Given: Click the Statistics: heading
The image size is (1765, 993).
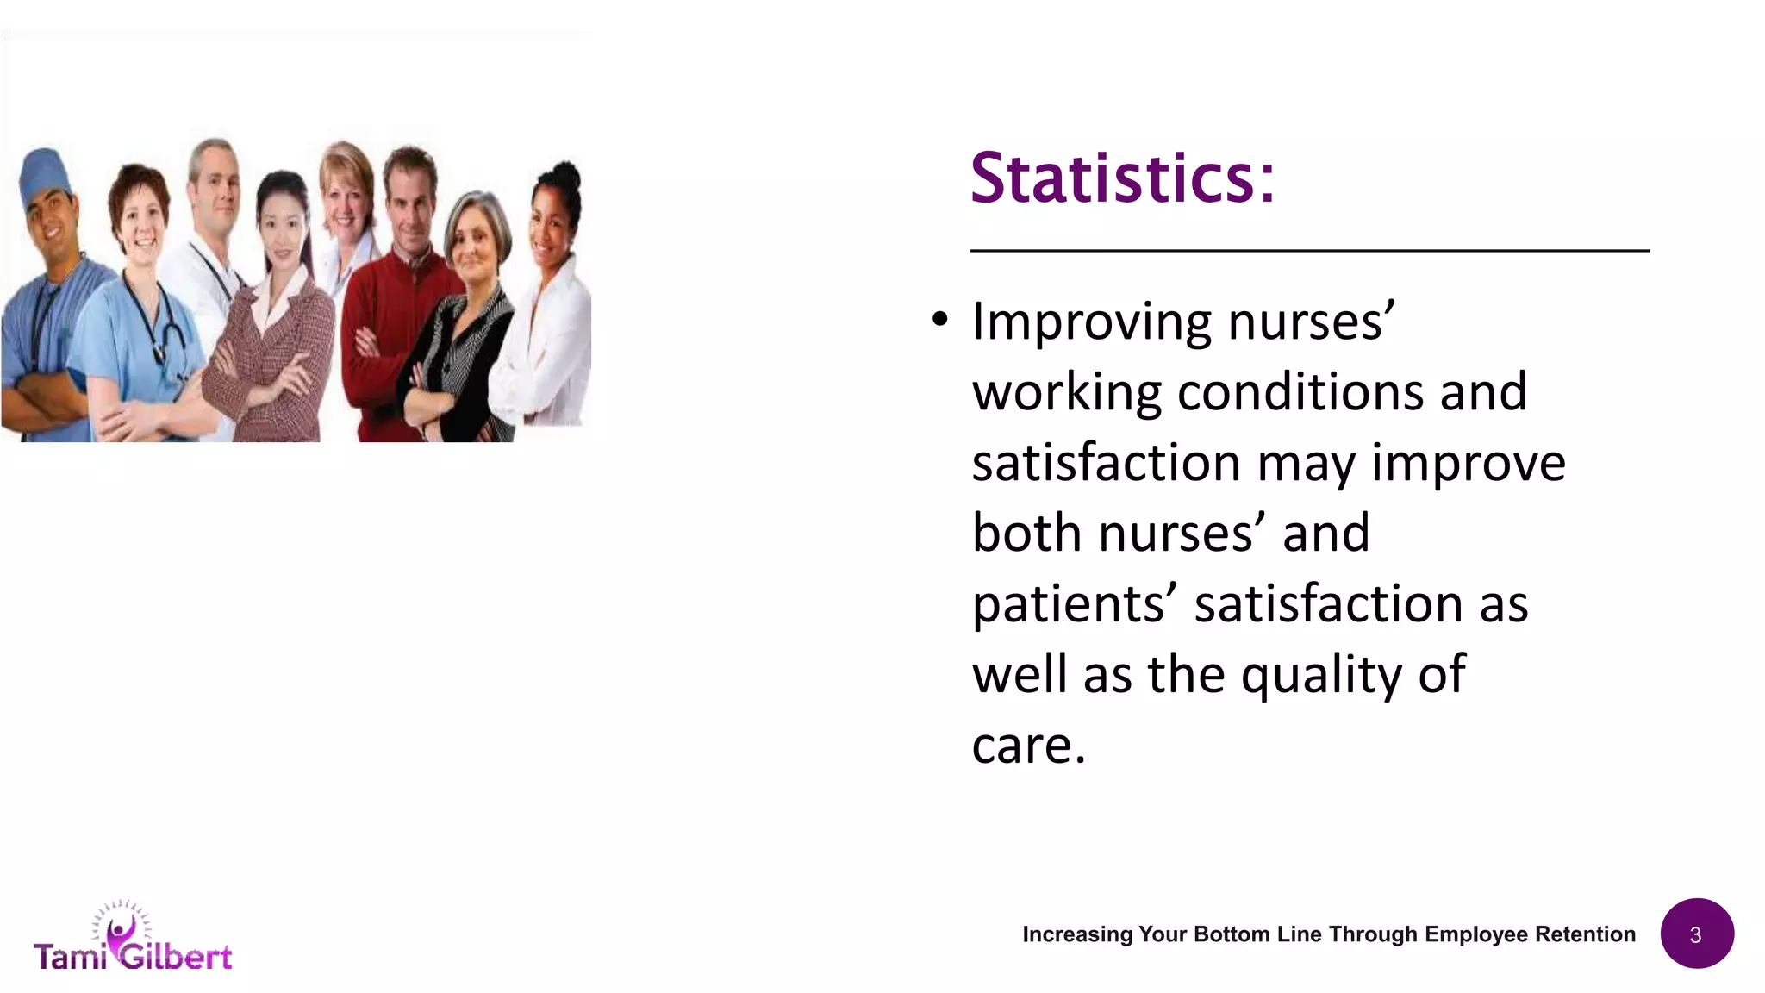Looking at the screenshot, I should (x=1121, y=178).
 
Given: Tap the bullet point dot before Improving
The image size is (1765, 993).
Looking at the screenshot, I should (x=940, y=320).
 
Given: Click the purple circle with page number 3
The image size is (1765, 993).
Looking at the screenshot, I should (x=1696, y=934).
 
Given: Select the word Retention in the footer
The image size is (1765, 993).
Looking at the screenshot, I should (x=1585, y=934).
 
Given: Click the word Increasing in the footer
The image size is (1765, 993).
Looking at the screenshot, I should (x=1077, y=934).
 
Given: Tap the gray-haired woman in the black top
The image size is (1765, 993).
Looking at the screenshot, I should (x=470, y=319).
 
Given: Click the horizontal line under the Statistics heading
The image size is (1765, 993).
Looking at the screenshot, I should (x=1309, y=251).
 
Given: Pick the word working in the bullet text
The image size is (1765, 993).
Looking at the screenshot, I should (x=1067, y=392).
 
